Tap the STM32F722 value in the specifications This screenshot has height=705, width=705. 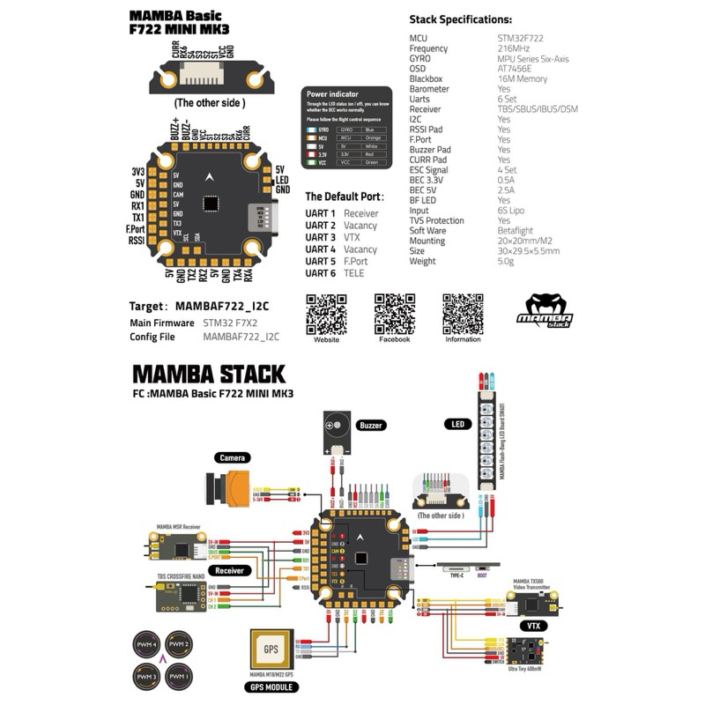pyautogui.click(x=520, y=39)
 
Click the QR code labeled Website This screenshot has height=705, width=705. pyautogui.click(x=326, y=312)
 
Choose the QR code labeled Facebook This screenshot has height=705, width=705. pyautogui.click(x=394, y=312)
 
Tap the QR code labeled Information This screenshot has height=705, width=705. pyautogui.click(x=463, y=312)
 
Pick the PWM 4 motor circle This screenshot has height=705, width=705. pyautogui.click(x=145, y=646)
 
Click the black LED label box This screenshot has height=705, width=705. pyautogui.click(x=456, y=424)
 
